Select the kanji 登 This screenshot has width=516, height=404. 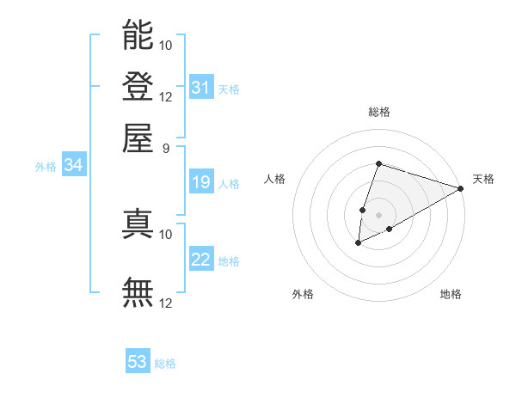(x=138, y=87)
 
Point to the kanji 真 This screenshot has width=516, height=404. (x=138, y=223)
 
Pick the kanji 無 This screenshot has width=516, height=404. (x=138, y=293)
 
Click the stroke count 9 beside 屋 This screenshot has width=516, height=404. (x=166, y=147)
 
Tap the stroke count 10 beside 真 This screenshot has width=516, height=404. (x=166, y=233)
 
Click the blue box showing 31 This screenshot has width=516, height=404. (x=201, y=88)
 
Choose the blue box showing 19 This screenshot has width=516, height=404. (x=201, y=182)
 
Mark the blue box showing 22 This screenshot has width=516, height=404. (x=201, y=260)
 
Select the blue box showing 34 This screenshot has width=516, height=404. (x=73, y=166)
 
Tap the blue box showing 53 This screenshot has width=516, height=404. (x=138, y=362)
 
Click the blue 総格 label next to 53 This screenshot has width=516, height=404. (x=165, y=364)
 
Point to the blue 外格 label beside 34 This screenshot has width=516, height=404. (x=46, y=167)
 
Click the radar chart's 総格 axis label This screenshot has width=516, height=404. (x=379, y=112)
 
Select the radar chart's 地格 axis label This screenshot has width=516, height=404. (x=451, y=295)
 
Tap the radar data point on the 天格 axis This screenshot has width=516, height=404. (x=461, y=189)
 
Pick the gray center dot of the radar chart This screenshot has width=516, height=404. (x=379, y=215)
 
